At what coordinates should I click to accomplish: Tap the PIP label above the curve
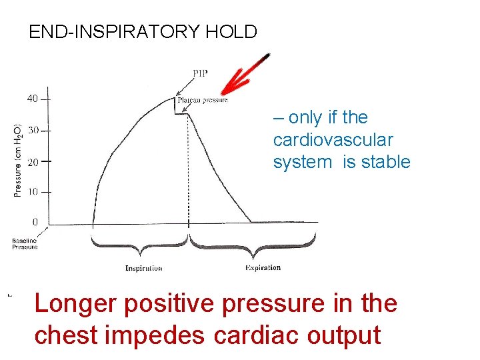(200, 74)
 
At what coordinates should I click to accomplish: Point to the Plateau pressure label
(203, 101)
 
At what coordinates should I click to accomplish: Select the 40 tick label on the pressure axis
(32, 99)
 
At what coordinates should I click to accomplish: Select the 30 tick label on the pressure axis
(32, 131)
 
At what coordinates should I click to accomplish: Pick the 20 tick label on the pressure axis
(32, 161)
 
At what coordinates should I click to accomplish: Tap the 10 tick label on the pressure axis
(32, 192)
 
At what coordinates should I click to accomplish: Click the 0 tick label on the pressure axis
(35, 222)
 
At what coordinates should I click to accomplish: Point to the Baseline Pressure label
(25, 243)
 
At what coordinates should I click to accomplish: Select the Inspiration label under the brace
(143, 269)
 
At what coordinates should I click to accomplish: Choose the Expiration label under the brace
(263, 268)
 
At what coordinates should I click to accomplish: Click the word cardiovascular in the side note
(333, 140)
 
